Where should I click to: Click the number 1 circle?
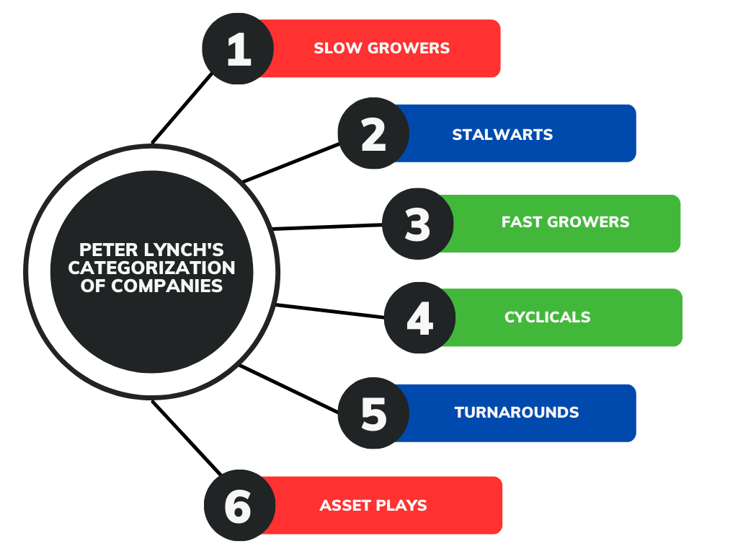[x=238, y=49]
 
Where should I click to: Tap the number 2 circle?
[x=373, y=134]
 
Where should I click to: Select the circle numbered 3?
[x=417, y=224]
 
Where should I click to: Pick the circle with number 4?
[x=419, y=317]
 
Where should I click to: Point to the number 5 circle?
[x=373, y=413]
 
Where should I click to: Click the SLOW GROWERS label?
[x=381, y=48]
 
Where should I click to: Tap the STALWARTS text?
[x=502, y=134]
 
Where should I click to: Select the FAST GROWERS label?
[x=565, y=221]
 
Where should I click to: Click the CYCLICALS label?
[x=547, y=317]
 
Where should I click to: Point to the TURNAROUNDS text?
[x=516, y=413]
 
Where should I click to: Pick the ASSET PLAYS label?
[x=373, y=505]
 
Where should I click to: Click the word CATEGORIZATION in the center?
[x=151, y=268]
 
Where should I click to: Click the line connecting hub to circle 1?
[x=183, y=107]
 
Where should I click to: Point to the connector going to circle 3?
[x=328, y=227]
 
